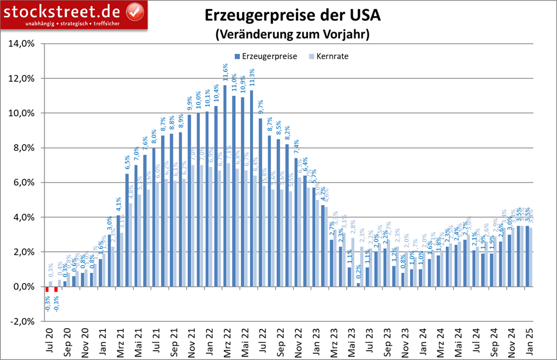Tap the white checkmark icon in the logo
[x=134, y=10]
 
